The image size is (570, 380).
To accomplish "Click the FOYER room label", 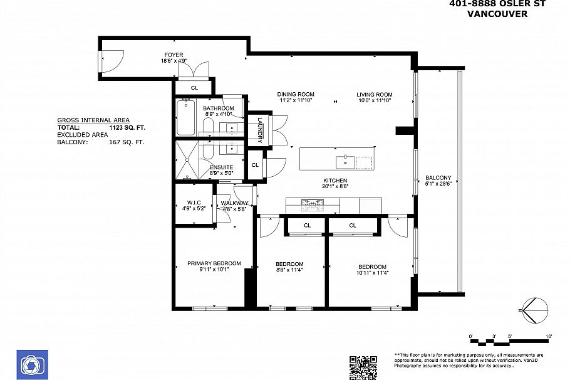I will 174,55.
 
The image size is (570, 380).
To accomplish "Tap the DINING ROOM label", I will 296,95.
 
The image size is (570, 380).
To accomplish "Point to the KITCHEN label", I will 335,181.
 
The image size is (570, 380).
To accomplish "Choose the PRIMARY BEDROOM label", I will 214,263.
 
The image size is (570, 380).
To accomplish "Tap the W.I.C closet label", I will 193,203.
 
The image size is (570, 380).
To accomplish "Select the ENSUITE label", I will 221,167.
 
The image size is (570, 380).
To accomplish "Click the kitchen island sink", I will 344,162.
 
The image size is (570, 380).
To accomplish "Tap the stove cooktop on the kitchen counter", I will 313,203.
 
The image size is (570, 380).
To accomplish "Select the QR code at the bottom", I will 363,367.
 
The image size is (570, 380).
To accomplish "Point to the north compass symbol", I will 534,310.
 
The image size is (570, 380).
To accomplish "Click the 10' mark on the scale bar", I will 549,337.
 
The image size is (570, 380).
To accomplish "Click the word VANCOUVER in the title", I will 497,13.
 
